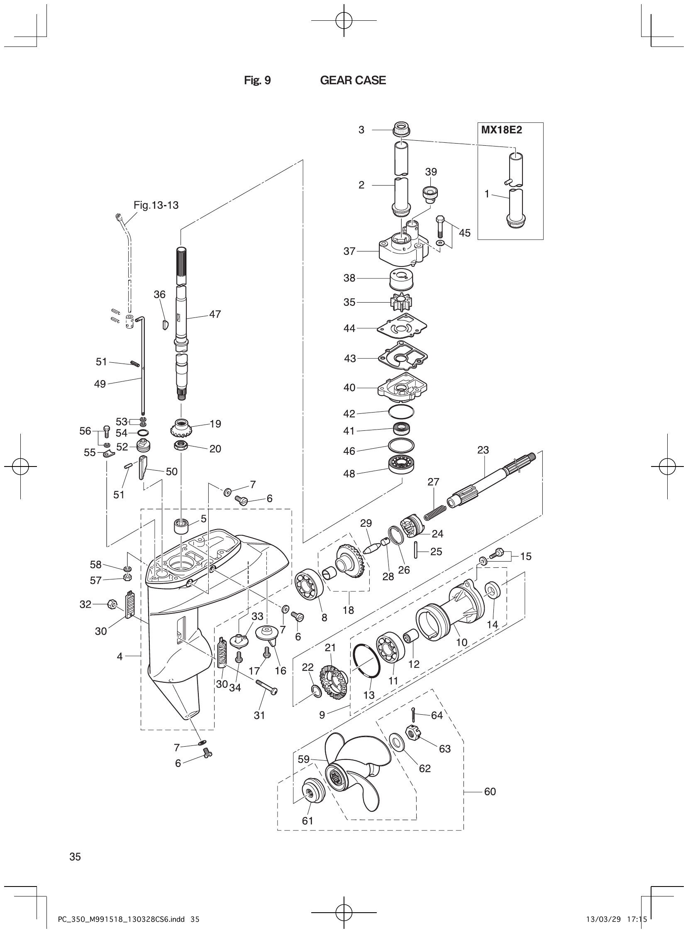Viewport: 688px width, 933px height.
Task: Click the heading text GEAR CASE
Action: pyautogui.click(x=353, y=81)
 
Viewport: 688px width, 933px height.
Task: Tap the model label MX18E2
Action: pyautogui.click(x=501, y=129)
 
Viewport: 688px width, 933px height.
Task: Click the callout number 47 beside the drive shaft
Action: pyautogui.click(x=215, y=314)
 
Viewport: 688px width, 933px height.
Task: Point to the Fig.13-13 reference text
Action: pyautogui.click(x=156, y=205)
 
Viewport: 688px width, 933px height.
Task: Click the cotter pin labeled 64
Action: pyautogui.click(x=412, y=714)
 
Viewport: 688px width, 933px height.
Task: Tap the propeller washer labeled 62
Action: pyautogui.click(x=395, y=741)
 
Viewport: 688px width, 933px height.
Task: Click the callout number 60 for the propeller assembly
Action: pyautogui.click(x=490, y=791)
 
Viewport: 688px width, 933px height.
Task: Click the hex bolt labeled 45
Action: pyautogui.click(x=440, y=225)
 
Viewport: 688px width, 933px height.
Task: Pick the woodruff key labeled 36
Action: pyautogui.click(x=164, y=325)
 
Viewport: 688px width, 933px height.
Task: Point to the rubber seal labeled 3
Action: pyautogui.click(x=402, y=128)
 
